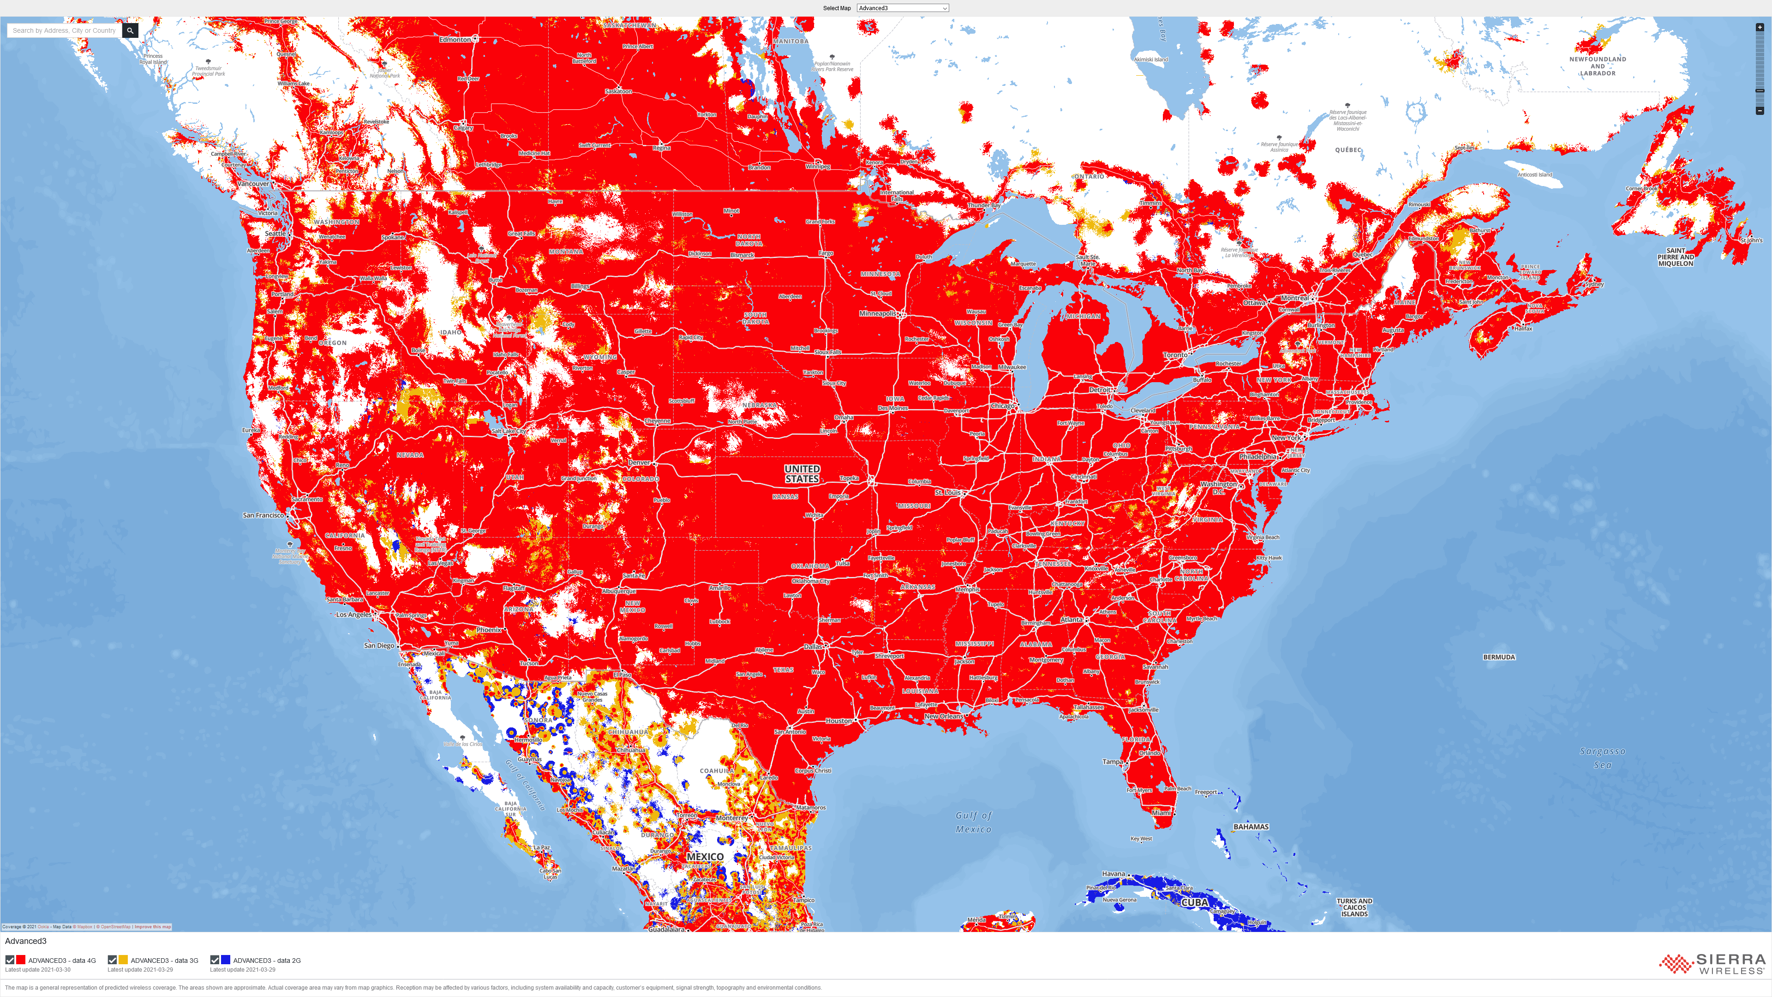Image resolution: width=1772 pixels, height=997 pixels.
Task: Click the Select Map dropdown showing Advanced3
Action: click(903, 8)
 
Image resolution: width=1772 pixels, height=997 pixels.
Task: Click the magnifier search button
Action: click(130, 30)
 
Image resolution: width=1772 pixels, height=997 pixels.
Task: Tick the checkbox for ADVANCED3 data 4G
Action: click(10, 960)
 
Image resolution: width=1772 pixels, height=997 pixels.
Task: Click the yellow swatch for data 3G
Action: click(123, 960)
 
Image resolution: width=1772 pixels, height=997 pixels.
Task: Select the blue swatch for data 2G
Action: click(226, 960)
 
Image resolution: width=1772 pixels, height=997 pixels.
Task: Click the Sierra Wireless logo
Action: click(1712, 964)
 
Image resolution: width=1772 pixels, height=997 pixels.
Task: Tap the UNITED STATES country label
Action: click(802, 474)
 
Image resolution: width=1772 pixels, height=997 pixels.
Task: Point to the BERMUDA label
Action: click(1499, 657)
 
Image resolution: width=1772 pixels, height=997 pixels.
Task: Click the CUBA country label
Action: click(1195, 902)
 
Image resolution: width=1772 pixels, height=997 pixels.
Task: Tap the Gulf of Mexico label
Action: click(973, 822)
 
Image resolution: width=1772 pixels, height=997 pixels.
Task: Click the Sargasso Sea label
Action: click(1602, 757)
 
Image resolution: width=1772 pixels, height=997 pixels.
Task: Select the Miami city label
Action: click(1161, 812)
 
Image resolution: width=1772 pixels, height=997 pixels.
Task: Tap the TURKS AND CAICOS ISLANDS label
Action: click(1354, 907)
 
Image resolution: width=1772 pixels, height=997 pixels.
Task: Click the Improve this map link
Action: click(153, 927)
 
